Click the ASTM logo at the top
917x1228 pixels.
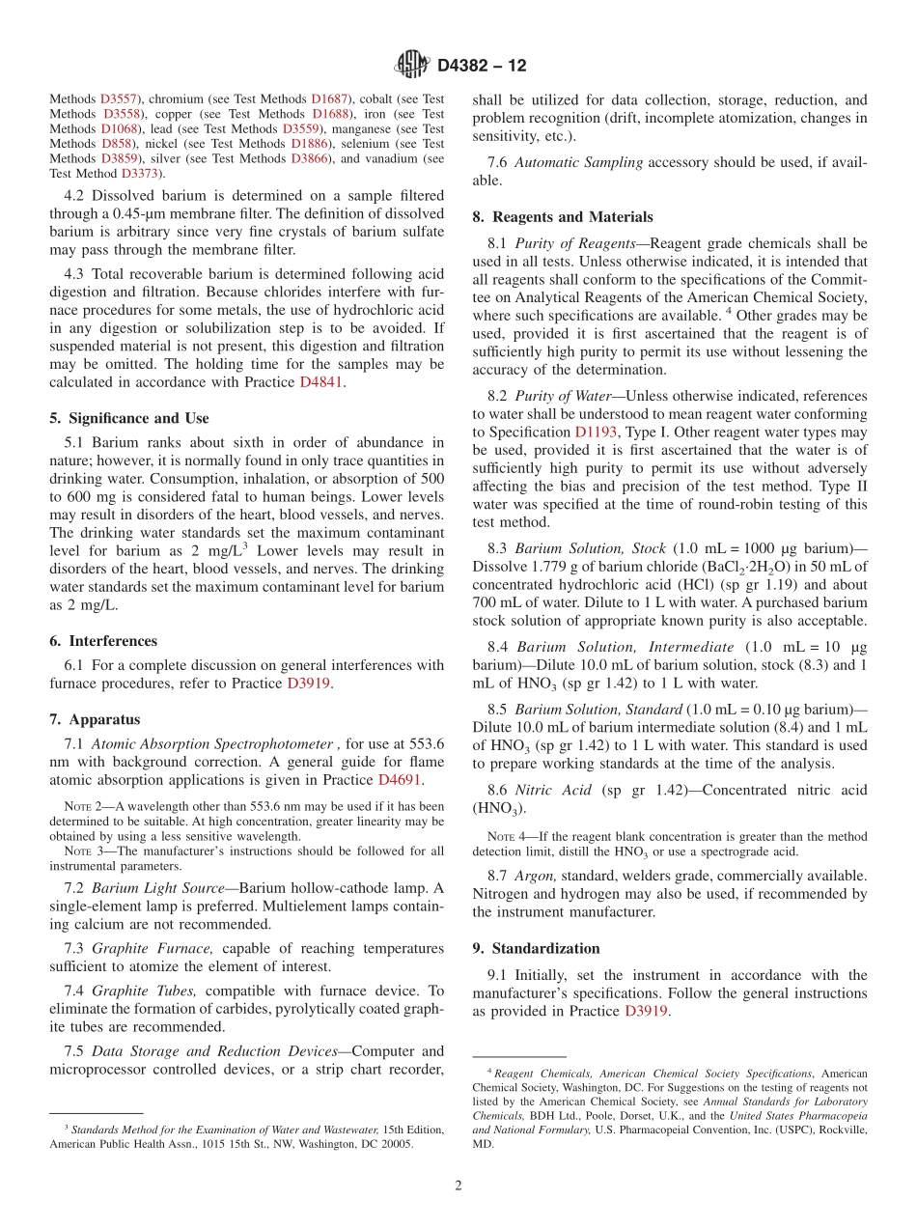(412, 66)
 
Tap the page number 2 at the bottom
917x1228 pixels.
(458, 1186)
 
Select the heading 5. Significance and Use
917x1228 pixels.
(129, 418)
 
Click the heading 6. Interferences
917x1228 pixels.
(103, 641)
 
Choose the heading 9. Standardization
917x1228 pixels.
(536, 948)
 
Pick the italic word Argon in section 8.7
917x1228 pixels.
(536, 876)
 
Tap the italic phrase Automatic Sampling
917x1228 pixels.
(578, 162)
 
